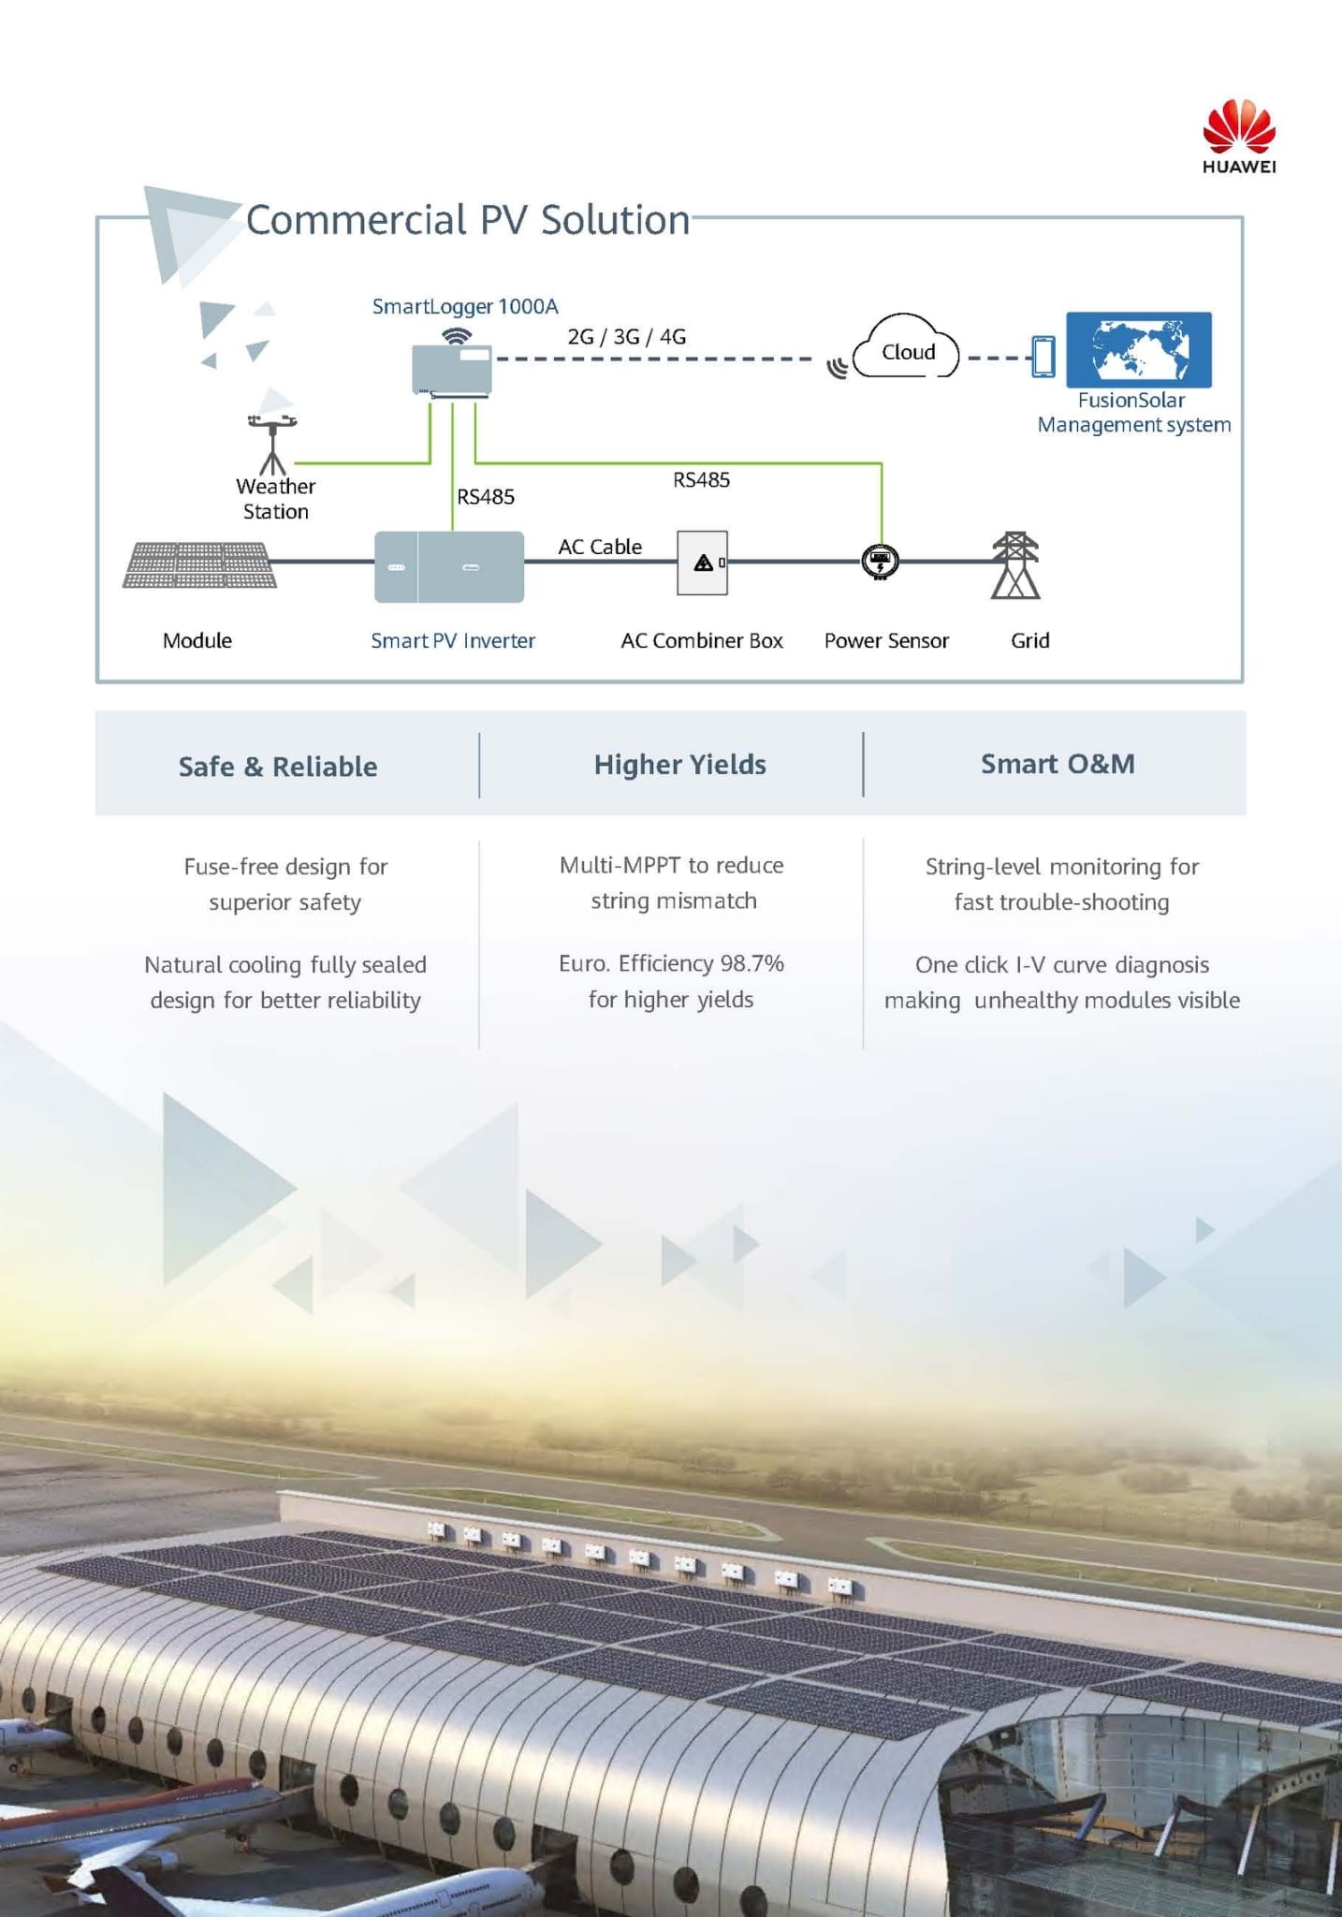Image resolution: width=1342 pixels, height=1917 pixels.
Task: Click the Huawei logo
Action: pyautogui.click(x=1239, y=137)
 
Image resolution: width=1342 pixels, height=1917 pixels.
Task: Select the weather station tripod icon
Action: pyautogui.click(x=272, y=445)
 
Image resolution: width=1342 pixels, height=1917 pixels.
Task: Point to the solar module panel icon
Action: pyautogui.click(x=199, y=564)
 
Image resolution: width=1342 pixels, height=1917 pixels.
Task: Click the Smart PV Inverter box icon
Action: pyautogui.click(x=449, y=566)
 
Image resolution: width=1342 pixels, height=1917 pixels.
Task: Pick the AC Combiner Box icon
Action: pyautogui.click(x=702, y=563)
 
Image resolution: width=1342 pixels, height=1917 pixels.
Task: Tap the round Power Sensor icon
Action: pyautogui.click(x=880, y=562)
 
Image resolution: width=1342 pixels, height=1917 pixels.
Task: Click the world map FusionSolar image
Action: pyautogui.click(x=1139, y=349)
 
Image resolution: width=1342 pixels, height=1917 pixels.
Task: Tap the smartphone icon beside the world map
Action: pyautogui.click(x=1043, y=357)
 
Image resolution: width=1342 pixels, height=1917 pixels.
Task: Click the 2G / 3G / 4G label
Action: pyautogui.click(x=627, y=336)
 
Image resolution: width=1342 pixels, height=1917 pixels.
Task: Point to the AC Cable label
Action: pyautogui.click(x=600, y=547)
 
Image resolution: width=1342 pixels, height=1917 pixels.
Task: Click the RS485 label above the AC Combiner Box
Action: pyautogui.click(x=701, y=480)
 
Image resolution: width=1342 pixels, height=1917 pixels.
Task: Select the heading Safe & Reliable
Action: pyautogui.click(x=278, y=767)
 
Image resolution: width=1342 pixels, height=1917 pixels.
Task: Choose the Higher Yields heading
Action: pyautogui.click(x=680, y=765)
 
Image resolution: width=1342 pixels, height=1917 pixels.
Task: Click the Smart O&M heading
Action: pyautogui.click(x=1058, y=764)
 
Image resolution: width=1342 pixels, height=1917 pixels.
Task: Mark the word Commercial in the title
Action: pyautogui.click(x=357, y=220)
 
